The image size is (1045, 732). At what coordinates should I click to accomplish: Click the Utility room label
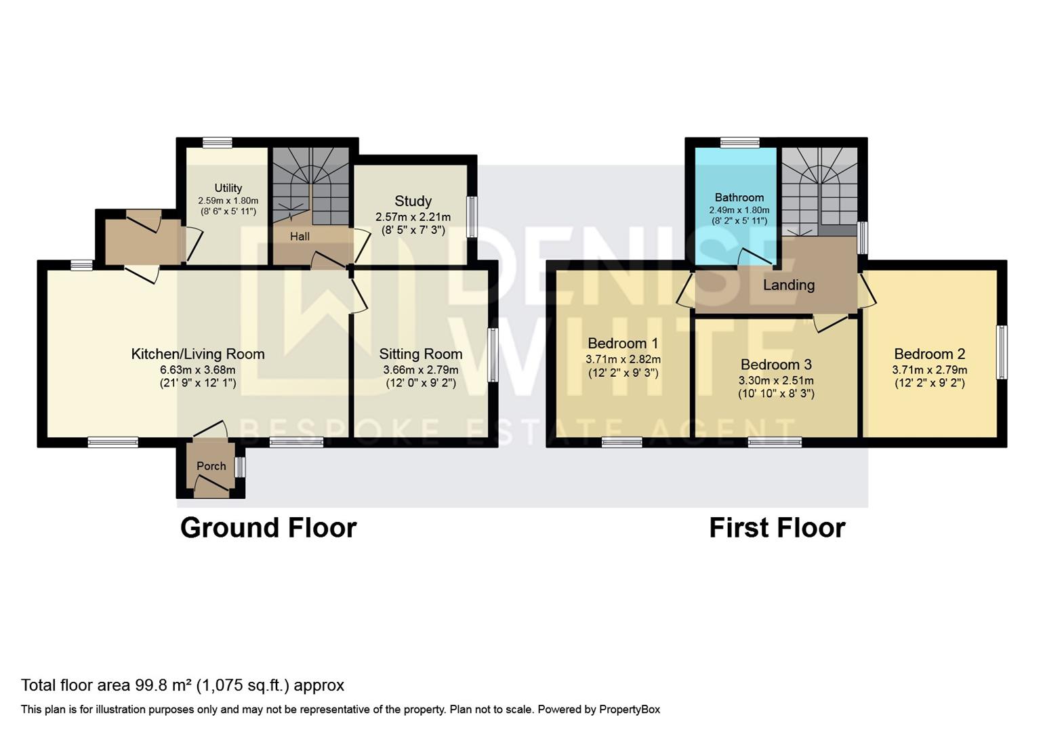(228, 188)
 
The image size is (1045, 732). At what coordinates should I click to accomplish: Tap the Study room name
(413, 201)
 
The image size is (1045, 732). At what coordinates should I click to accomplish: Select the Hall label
(300, 237)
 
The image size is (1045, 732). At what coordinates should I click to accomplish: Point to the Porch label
(211, 466)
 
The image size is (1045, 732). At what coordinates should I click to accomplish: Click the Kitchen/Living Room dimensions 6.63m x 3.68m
(198, 370)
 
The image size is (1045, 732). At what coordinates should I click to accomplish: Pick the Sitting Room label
(421, 354)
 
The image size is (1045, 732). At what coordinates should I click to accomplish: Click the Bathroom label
(739, 197)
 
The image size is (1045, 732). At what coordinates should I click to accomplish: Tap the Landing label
(789, 285)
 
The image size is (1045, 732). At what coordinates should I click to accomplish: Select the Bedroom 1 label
(623, 344)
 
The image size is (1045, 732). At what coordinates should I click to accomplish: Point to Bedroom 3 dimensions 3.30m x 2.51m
(776, 380)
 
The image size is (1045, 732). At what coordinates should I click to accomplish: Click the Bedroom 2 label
(930, 354)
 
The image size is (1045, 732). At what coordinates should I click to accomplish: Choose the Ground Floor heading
(269, 528)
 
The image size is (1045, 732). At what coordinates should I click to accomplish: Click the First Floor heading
(777, 528)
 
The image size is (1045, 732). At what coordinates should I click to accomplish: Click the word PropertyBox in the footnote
(630, 710)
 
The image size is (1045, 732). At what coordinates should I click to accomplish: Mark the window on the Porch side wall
(240, 467)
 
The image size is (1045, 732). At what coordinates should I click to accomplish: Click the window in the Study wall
(472, 217)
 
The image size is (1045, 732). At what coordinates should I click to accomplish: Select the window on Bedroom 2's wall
(1002, 352)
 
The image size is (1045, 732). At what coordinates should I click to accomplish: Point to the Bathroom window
(739, 142)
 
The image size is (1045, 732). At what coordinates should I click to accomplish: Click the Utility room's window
(218, 142)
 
